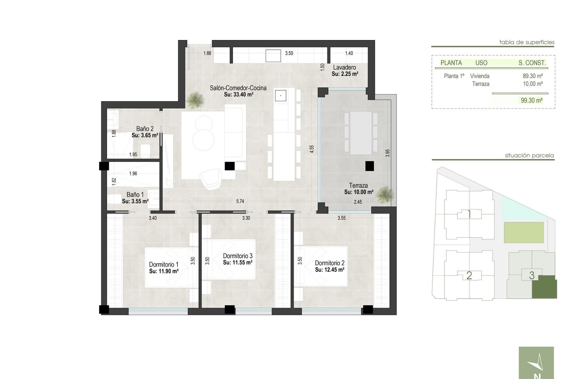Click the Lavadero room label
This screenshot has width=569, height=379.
click(344, 68)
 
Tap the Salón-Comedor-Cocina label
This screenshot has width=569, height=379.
click(238, 88)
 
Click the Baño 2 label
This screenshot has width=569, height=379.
click(145, 129)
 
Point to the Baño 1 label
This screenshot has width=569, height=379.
click(135, 195)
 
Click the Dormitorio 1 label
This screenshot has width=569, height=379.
click(164, 264)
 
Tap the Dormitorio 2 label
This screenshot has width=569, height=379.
click(330, 263)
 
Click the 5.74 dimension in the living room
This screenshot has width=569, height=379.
click(240, 201)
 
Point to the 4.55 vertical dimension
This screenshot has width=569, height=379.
click(311, 149)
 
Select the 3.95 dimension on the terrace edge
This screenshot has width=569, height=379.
click(388, 153)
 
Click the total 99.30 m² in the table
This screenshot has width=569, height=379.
click(532, 100)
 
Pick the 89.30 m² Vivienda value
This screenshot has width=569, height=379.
click(533, 76)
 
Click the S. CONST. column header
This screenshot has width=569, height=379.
click(532, 63)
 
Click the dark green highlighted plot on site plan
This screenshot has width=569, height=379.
click(544, 287)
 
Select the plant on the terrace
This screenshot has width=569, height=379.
click(385, 195)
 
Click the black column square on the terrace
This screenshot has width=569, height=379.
click(369, 166)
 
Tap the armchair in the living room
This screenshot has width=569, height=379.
click(210, 179)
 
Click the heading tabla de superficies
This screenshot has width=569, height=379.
click(527, 42)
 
